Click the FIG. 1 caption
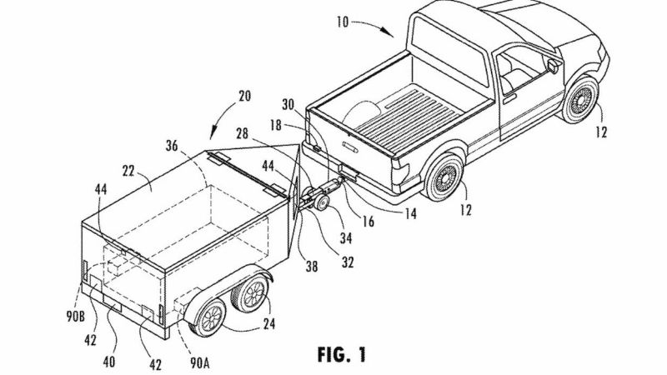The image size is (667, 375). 341,354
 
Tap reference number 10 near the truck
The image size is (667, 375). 342,22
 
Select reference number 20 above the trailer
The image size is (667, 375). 244,96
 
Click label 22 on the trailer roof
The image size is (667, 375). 128,171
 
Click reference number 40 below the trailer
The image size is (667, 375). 109,362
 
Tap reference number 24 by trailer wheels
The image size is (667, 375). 268,324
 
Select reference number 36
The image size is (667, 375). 172,145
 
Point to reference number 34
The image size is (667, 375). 345,238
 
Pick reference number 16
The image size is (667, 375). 369,221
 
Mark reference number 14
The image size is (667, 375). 410,213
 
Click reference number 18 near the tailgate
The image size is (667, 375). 276,126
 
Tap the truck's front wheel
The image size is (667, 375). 580,100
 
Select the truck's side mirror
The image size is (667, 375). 553,66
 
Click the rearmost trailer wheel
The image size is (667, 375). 209,317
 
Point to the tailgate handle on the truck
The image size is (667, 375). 350,147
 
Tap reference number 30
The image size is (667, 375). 288,105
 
